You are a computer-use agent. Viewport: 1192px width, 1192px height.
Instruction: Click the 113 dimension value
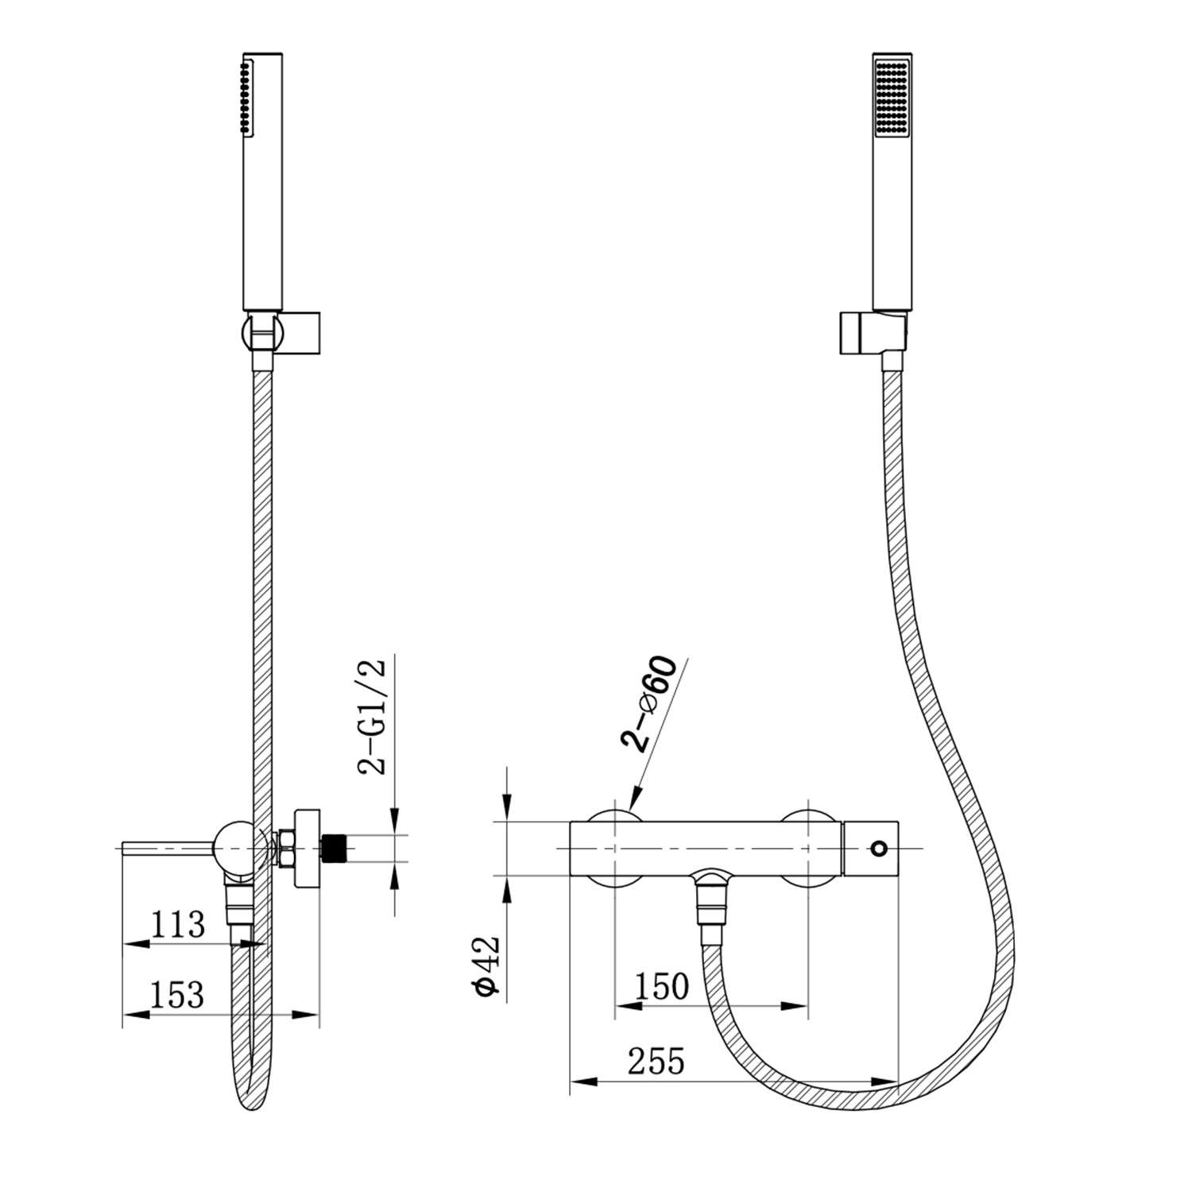(x=178, y=925)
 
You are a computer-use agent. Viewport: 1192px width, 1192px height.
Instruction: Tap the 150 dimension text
(x=661, y=986)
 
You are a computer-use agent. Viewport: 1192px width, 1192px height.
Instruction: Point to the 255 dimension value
(x=656, y=1060)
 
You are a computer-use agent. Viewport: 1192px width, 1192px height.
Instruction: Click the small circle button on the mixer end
(x=877, y=849)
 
